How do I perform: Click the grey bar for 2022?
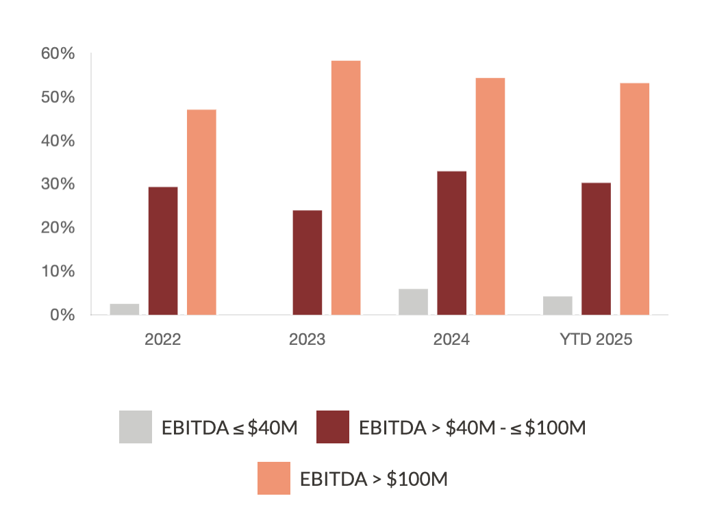tap(125, 309)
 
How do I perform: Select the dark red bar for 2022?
tap(163, 250)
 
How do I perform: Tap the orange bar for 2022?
tap(201, 212)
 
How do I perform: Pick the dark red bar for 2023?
tap(307, 262)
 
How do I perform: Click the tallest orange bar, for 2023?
tap(346, 187)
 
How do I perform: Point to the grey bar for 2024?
tap(413, 302)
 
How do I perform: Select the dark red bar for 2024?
tap(451, 243)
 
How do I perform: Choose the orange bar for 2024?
tap(490, 196)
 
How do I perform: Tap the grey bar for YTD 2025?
tap(557, 305)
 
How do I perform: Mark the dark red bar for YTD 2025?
tap(596, 248)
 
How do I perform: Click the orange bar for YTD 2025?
tap(635, 198)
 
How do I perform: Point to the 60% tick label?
tap(58, 53)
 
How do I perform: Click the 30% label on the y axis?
tap(58, 184)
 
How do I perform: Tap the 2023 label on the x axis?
tap(307, 340)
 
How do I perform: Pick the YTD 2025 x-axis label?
tap(596, 340)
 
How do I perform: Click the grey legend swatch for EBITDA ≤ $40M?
tap(136, 427)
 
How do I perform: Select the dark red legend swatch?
tap(333, 427)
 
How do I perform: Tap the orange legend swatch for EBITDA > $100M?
tap(274, 478)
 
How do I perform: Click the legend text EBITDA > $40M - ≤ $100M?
tap(473, 428)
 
